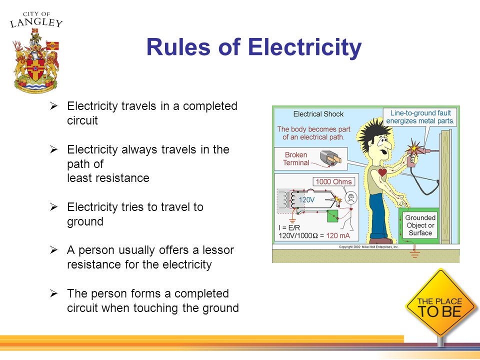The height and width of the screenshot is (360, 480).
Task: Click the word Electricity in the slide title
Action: click(304, 48)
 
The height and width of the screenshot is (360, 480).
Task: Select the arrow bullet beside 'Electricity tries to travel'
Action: click(55, 207)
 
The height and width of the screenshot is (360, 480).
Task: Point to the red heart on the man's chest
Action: click(382, 172)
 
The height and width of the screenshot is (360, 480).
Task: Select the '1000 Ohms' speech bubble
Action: click(334, 181)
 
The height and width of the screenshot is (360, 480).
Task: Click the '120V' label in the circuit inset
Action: click(306, 199)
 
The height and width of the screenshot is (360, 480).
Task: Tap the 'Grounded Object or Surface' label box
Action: click(420, 225)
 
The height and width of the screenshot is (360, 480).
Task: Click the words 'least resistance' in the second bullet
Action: click(108, 178)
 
